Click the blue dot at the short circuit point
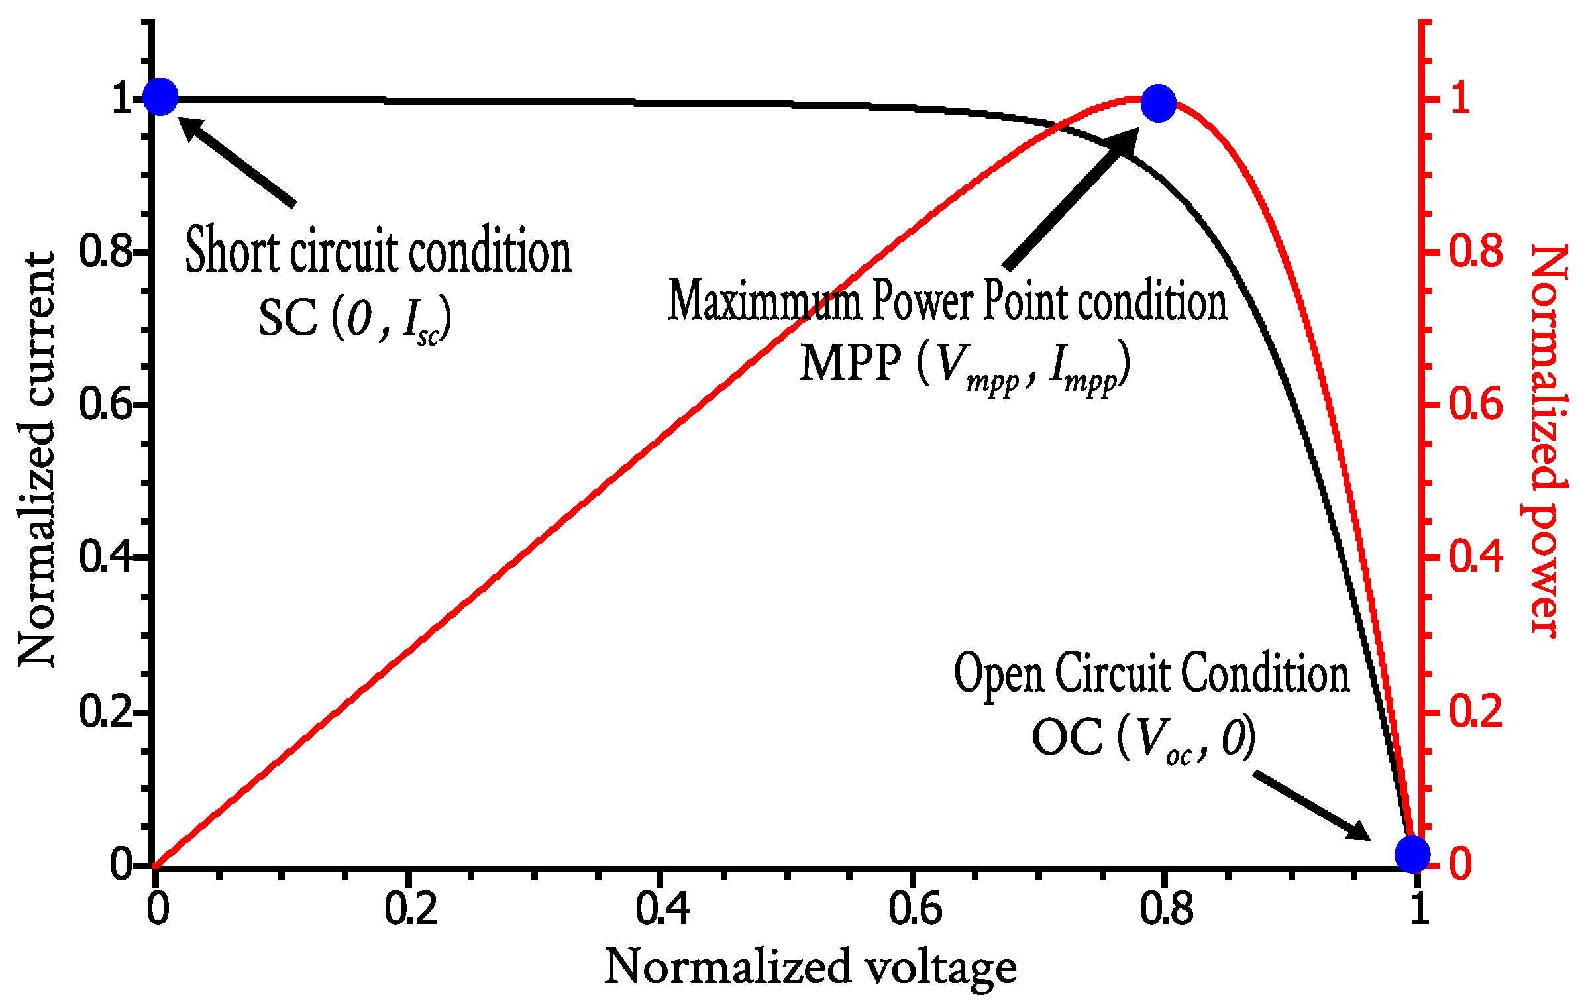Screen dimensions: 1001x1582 160,97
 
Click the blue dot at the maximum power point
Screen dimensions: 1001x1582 1158,103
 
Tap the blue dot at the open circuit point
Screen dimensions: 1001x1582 1412,855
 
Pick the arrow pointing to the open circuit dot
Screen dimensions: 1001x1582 1312,805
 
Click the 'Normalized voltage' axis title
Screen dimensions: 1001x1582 810,967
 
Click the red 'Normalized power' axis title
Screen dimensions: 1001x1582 1549,441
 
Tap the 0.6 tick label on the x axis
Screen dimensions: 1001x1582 914,909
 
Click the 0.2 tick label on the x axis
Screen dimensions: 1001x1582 411,909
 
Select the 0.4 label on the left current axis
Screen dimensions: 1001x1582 106,556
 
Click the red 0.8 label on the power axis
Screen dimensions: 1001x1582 1476,252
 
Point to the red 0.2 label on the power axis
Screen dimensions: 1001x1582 1476,712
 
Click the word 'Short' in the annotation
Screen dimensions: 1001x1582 232,250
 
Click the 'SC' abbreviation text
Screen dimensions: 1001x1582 288,319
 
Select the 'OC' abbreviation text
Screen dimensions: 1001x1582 1067,737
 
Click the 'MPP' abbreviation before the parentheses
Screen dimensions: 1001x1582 850,364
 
